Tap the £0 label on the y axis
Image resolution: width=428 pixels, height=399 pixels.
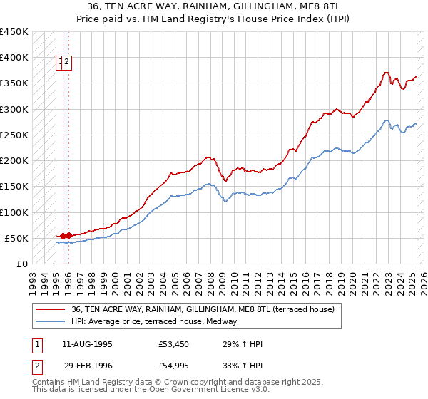(22, 264)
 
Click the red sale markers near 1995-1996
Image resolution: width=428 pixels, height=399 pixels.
(65, 235)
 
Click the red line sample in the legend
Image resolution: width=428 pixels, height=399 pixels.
(51, 309)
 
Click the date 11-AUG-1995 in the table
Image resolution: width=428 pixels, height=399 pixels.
(88, 345)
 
